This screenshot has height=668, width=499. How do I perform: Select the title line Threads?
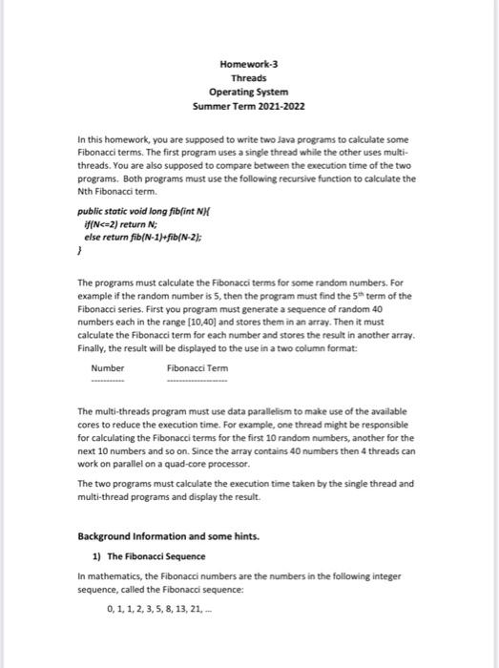[249, 78]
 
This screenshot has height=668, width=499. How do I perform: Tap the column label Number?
[107, 367]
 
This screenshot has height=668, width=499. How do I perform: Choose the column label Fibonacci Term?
[197, 367]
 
